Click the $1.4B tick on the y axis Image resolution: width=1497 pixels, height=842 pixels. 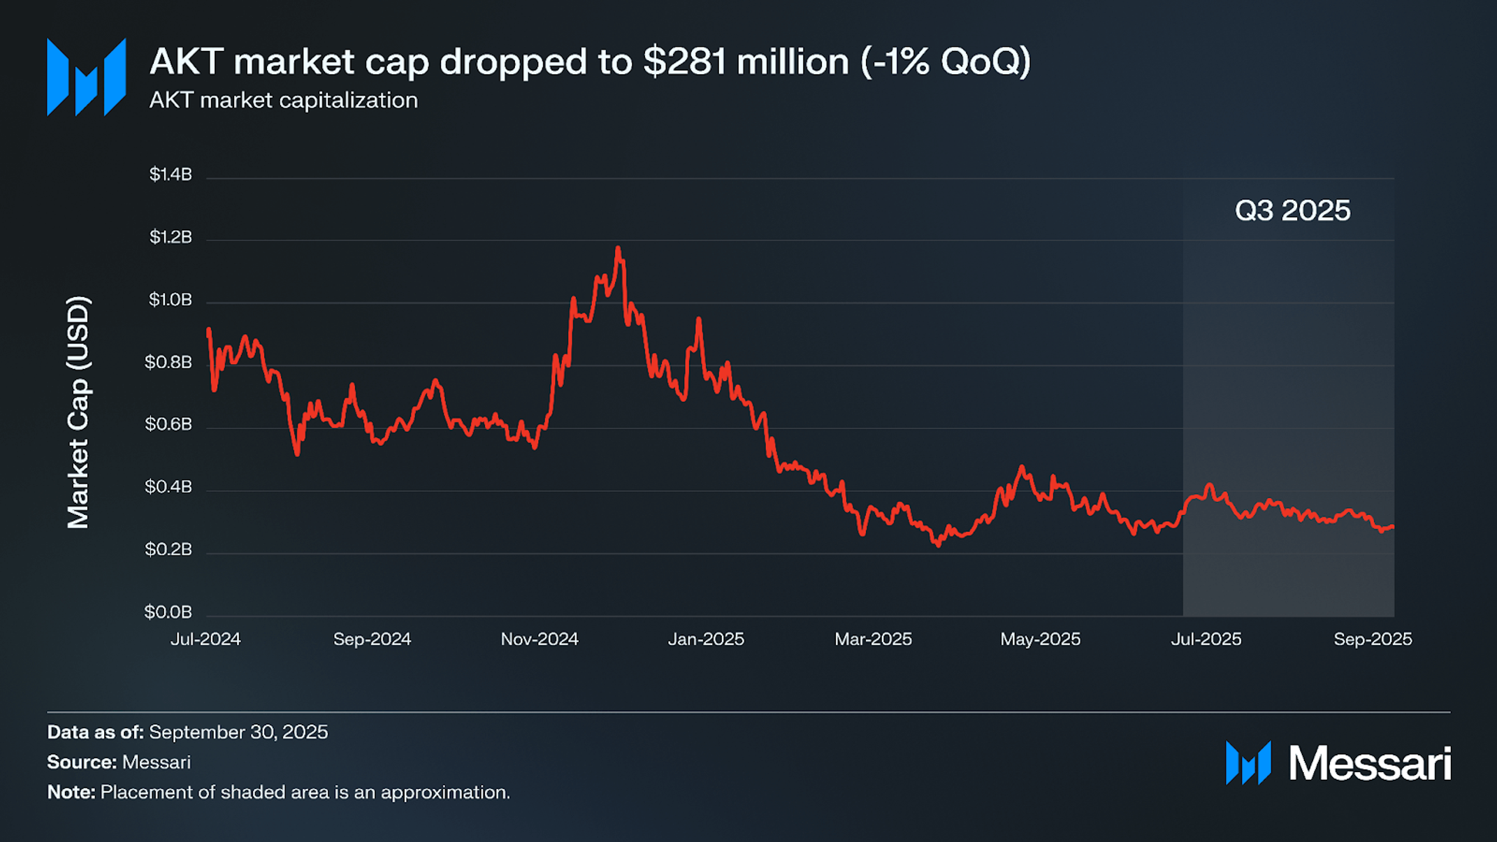[x=171, y=175]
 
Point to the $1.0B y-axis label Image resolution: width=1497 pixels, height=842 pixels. [x=171, y=300]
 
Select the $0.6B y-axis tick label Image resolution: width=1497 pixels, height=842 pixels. [x=168, y=425]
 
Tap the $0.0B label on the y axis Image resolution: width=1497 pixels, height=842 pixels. [x=168, y=612]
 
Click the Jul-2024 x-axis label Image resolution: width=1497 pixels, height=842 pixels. [x=205, y=639]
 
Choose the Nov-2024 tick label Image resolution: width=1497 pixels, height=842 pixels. [x=540, y=639]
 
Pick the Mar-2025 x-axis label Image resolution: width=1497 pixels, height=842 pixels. [x=873, y=639]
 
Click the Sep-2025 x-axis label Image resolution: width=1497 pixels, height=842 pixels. [x=1373, y=639]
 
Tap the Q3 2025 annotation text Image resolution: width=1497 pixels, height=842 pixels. [x=1292, y=211]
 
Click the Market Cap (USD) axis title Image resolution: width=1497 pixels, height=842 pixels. [x=78, y=412]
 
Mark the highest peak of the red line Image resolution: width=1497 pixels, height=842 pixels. [x=618, y=248]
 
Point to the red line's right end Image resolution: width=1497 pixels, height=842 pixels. [x=1393, y=527]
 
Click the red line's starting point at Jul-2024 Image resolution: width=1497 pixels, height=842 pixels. [x=208, y=330]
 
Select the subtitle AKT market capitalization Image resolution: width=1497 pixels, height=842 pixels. [x=284, y=101]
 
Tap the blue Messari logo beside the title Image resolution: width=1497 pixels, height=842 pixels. [x=86, y=77]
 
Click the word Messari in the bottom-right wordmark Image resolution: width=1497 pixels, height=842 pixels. [x=1369, y=763]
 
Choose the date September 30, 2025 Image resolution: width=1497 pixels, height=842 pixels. [x=238, y=732]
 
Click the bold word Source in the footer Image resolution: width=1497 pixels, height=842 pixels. [x=80, y=762]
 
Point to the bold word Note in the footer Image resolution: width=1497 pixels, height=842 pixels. [x=70, y=792]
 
